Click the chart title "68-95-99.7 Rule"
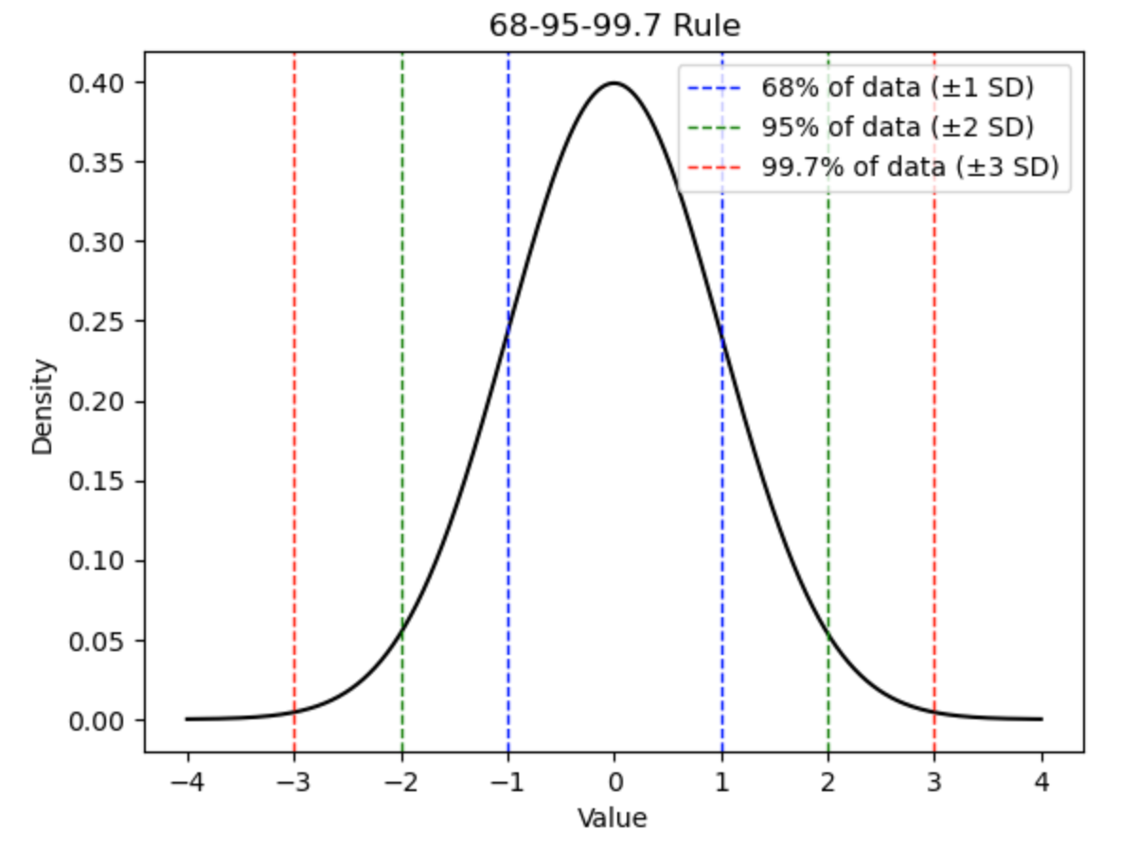614,26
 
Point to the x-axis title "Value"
614,817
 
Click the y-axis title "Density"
44,405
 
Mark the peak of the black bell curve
614,83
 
